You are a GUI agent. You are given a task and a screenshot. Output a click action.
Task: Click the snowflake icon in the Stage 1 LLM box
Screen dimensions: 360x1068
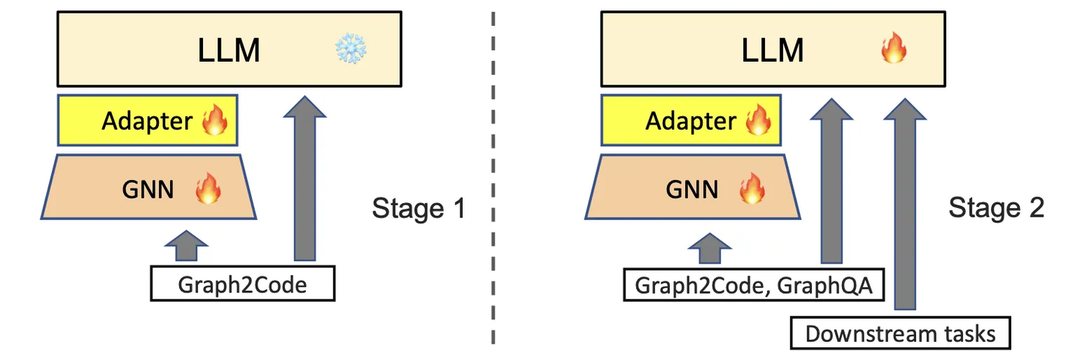click(350, 50)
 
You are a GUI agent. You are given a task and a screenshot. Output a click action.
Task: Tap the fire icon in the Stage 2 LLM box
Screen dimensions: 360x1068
click(894, 50)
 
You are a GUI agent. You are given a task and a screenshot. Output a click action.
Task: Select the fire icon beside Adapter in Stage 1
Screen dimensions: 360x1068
click(214, 121)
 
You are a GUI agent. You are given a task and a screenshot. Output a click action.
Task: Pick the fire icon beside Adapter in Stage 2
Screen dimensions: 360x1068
click(758, 121)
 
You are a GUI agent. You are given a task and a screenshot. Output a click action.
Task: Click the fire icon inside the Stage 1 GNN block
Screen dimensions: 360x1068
click(209, 190)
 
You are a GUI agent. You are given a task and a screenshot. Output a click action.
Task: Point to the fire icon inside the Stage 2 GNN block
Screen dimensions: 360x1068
click(752, 190)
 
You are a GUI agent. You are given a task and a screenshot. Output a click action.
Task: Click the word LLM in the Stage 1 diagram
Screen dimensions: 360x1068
click(229, 51)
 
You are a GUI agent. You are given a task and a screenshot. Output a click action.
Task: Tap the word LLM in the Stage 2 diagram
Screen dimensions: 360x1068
click(772, 51)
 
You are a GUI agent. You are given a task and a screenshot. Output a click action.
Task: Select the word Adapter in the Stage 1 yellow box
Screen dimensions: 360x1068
click(147, 121)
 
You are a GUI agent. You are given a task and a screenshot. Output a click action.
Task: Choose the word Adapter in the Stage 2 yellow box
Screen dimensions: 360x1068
click(691, 121)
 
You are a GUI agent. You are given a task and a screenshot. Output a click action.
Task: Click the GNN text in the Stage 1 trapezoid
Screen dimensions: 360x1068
click(148, 190)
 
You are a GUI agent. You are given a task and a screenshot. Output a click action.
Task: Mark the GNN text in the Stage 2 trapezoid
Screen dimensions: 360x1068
click(692, 190)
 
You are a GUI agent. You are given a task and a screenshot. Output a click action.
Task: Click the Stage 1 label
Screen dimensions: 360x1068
click(419, 209)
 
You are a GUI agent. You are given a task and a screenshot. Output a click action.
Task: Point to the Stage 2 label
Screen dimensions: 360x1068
click(996, 209)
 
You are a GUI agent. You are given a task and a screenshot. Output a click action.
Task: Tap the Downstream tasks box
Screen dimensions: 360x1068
click(900, 333)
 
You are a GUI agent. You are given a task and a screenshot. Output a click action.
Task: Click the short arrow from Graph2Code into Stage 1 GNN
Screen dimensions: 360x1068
click(185, 246)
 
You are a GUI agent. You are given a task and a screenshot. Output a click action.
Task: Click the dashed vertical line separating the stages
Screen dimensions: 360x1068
click(493, 180)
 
